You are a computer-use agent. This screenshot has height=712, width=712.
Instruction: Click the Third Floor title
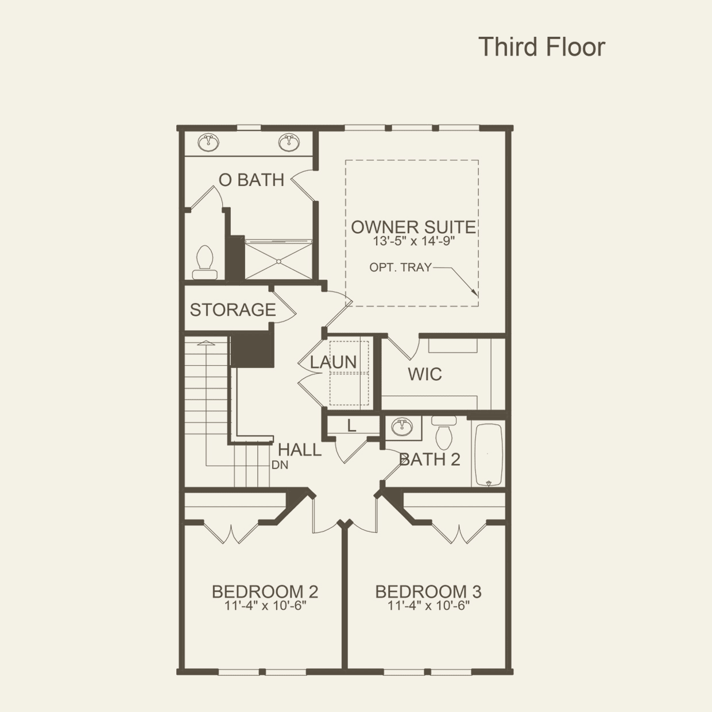[x=541, y=47]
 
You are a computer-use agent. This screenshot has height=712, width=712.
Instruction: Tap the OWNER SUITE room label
[x=413, y=227]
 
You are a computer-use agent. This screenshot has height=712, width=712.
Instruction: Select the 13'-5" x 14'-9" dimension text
[x=413, y=241]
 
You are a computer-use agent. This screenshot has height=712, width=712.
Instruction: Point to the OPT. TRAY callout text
[x=400, y=267]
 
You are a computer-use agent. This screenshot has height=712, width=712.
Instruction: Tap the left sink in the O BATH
[x=209, y=142]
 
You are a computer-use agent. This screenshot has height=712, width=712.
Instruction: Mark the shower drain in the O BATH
[x=278, y=261]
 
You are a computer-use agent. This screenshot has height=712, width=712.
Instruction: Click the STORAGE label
[x=233, y=310]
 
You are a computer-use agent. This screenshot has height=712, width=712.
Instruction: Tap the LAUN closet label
[x=334, y=362]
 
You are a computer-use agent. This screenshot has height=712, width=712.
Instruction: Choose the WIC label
[x=425, y=374]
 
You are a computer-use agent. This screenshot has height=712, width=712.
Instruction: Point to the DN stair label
[x=280, y=466]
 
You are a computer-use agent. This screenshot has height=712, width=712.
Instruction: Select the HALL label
[x=300, y=450]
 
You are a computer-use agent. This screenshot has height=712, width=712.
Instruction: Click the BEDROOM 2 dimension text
[x=265, y=606]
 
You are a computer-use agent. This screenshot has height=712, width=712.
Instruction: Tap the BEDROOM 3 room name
[x=428, y=591]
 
